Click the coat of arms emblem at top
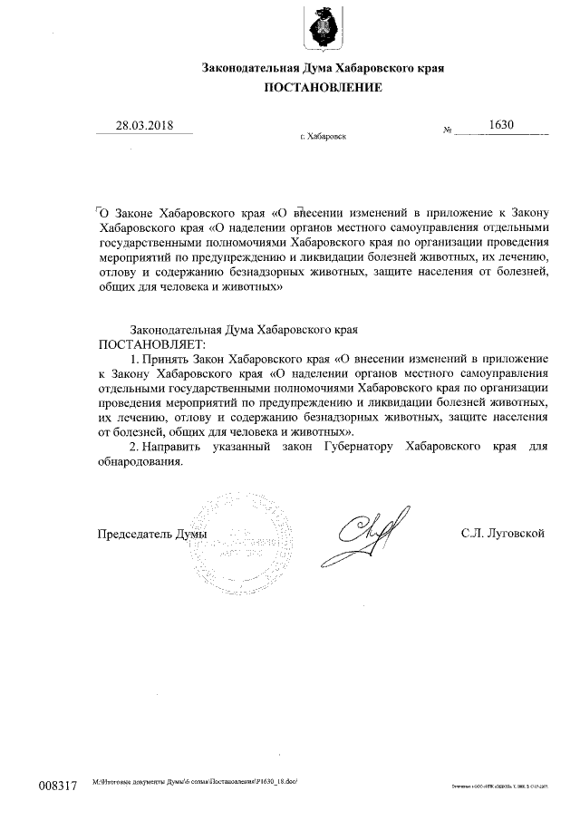[x=323, y=28]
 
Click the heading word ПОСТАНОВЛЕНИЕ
[x=323, y=88]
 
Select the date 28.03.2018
[x=144, y=125]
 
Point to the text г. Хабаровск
[x=322, y=137]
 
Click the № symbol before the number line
[x=448, y=131]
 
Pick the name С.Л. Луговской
[x=502, y=534]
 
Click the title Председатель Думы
[x=151, y=534]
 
